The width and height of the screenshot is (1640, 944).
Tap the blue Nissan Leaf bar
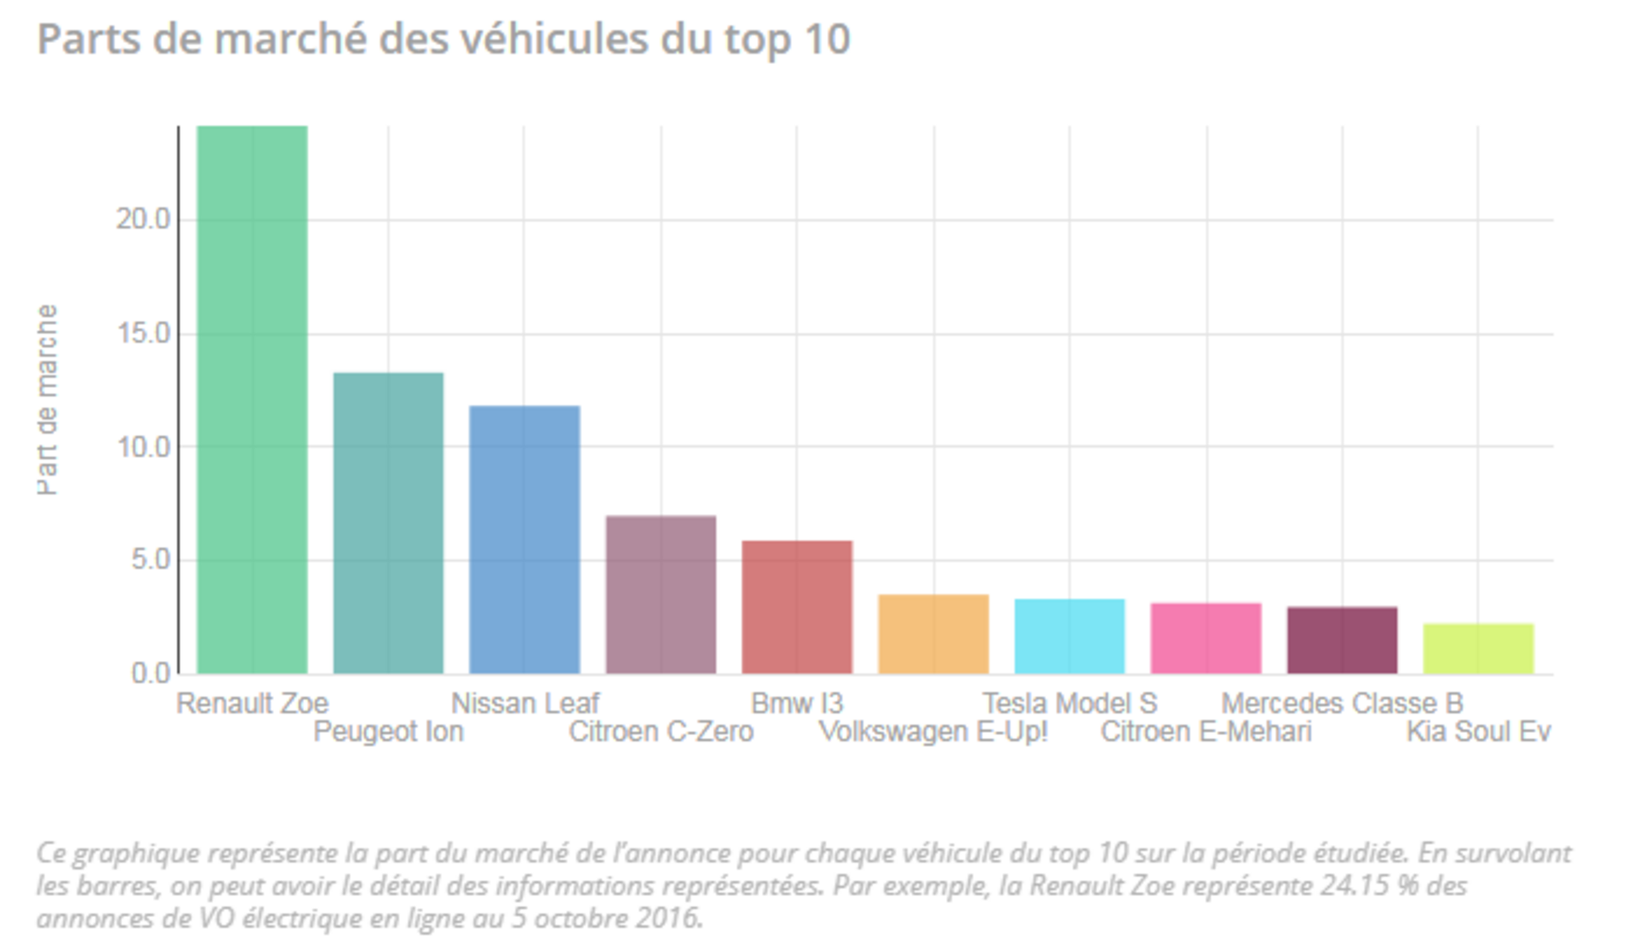click(x=525, y=539)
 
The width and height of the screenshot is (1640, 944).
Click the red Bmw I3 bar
click(x=797, y=607)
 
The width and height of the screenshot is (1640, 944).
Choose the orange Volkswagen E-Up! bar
click(x=933, y=634)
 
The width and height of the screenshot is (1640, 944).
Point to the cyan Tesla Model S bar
click(x=1070, y=636)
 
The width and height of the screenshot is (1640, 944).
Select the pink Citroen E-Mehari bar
click(x=1206, y=639)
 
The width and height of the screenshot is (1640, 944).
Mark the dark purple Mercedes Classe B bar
click(x=1342, y=640)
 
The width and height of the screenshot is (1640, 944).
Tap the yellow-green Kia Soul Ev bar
click(x=1478, y=648)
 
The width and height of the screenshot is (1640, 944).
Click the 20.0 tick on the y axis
click(x=143, y=219)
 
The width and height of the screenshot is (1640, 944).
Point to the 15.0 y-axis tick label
click(x=143, y=333)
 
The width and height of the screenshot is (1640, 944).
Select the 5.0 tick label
click(x=151, y=560)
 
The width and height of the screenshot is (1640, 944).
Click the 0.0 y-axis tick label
click(x=151, y=674)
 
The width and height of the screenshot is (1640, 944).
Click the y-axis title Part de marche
click(x=47, y=399)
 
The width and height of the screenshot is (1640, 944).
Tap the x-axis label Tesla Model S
click(x=1070, y=703)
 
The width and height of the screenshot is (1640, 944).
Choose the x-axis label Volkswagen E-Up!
click(x=933, y=732)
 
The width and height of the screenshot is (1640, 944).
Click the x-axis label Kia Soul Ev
click(x=1478, y=732)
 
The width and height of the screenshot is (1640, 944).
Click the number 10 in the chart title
click(x=827, y=39)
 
